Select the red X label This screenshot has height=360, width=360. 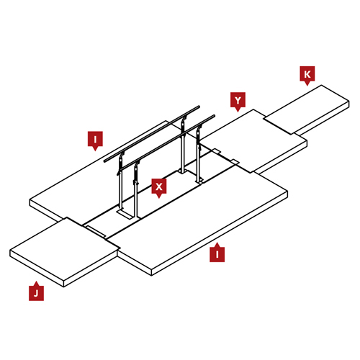[159, 188]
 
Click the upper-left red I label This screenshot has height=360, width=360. [95, 140]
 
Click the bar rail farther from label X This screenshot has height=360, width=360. [152, 134]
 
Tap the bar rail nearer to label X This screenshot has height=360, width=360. [167, 143]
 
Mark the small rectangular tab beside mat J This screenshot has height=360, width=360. [96, 232]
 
